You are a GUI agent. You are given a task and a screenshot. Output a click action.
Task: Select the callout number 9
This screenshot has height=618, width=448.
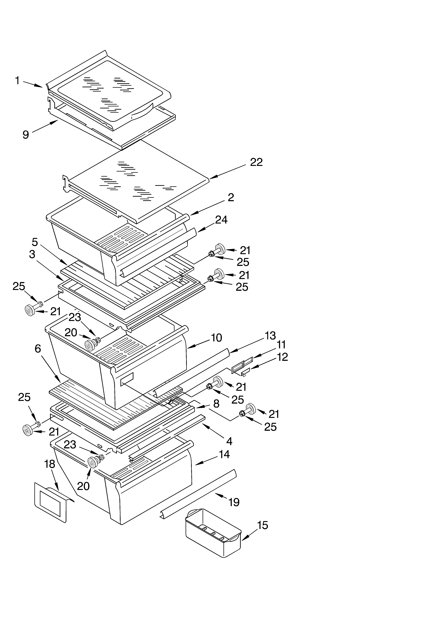click(x=26, y=135)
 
